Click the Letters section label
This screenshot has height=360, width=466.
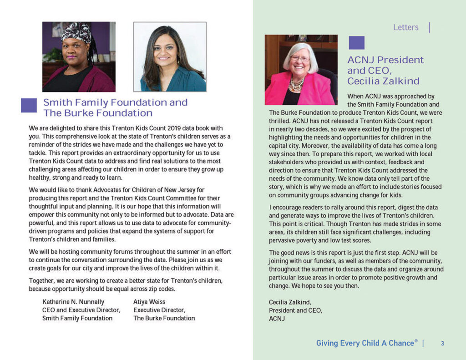pyautogui.click(x=405, y=27)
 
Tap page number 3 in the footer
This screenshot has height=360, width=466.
pyautogui.click(x=442, y=344)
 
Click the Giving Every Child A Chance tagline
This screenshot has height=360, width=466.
pyautogui.click(x=366, y=343)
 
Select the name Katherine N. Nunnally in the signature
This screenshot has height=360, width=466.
pyautogui.click(x=73, y=302)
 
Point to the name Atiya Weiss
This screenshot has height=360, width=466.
pyautogui.click(x=150, y=302)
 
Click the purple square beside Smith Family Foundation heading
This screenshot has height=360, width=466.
pyautogui.click(x=29, y=105)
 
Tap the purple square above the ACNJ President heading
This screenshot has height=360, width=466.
pyautogui.click(x=356, y=43)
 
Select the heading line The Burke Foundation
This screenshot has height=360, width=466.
pyautogui.click(x=98, y=113)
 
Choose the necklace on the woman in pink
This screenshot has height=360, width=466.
pyautogui.click(x=296, y=84)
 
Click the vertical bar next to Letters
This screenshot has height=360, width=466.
pyautogui.click(x=430, y=27)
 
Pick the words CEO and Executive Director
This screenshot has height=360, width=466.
pyautogui.click(x=81, y=310)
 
